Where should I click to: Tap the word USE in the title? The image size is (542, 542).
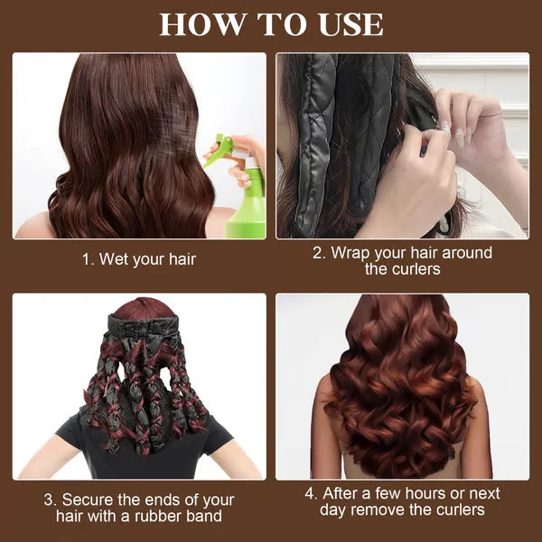[x=346, y=24]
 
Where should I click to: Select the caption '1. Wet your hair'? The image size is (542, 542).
[x=139, y=259]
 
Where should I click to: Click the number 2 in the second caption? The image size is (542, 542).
[x=318, y=253]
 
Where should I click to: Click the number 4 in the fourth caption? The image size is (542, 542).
[x=309, y=494]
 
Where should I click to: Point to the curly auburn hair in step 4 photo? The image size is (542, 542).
[x=401, y=379]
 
